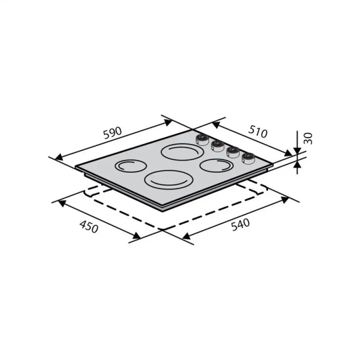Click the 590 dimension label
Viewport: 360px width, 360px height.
point(112,133)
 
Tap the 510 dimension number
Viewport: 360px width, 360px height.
point(258,132)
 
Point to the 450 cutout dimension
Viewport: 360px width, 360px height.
point(89,226)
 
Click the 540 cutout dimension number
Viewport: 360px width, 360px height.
point(240,225)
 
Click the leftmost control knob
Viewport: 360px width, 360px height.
point(202,140)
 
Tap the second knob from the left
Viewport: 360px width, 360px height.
point(217,146)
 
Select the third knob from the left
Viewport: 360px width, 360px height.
point(233,152)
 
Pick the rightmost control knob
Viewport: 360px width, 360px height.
point(248,158)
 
